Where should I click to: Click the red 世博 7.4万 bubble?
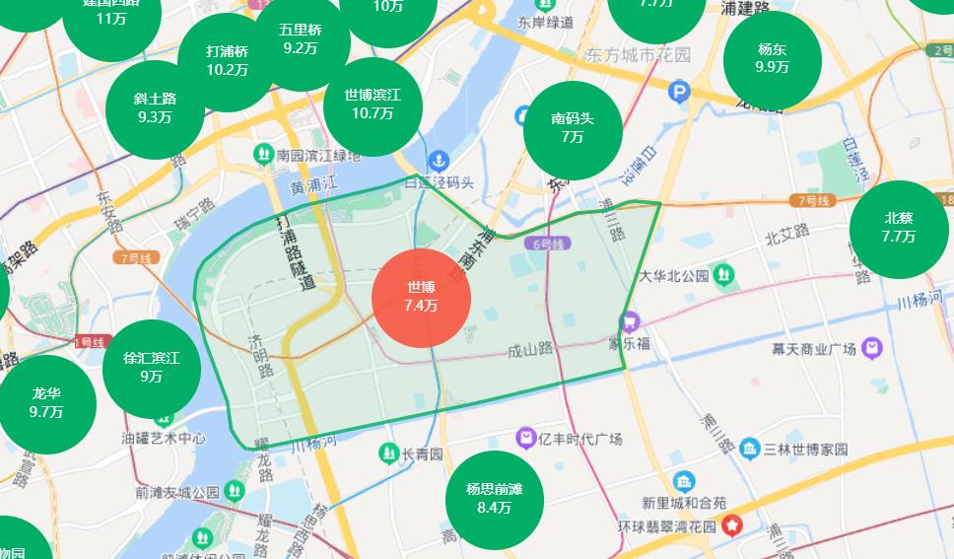coord(421,298)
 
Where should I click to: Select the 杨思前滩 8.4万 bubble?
coord(495,500)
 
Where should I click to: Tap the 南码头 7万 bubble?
coord(572,129)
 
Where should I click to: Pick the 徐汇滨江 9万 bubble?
coord(151,367)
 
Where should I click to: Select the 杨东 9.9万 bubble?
coord(773,59)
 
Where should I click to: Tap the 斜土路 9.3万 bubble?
coord(156,107)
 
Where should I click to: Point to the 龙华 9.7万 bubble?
coord(46,403)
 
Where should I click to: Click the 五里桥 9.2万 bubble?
coord(300,39)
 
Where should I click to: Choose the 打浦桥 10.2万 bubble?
coord(227,61)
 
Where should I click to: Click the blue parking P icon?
coord(679,93)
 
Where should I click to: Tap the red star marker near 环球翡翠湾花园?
coord(732,525)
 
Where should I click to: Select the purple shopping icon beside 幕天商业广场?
coord(871,347)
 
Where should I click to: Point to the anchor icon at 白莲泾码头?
coord(438,160)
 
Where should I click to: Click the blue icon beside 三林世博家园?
coord(749,449)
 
